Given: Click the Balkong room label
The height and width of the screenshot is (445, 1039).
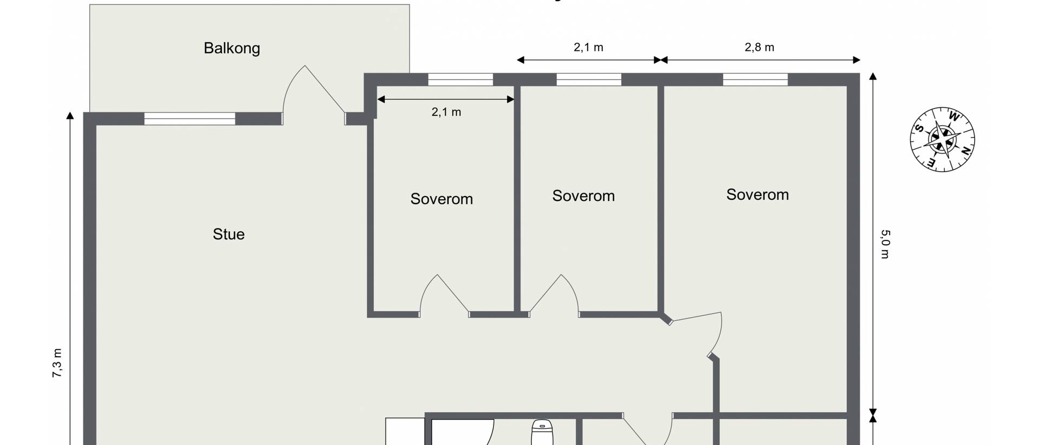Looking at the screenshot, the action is tap(232, 48).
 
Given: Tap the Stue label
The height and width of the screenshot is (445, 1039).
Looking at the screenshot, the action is tap(228, 234).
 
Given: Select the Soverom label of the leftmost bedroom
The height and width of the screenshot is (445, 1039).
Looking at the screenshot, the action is tap(442, 199).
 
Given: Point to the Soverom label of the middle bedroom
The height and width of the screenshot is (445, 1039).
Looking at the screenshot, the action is tap(583, 195).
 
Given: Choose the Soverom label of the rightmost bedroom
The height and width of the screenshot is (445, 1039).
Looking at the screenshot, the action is tap(757, 194).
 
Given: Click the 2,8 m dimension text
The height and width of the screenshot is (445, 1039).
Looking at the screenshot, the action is tap(759, 47).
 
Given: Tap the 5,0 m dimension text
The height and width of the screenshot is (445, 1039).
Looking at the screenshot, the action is tap(885, 244).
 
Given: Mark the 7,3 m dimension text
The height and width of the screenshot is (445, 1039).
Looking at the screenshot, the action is tap(57, 363).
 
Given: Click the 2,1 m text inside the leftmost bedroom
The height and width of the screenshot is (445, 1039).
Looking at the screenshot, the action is tap(446, 112).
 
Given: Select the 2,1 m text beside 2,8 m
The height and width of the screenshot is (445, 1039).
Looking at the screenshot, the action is tap(588, 47).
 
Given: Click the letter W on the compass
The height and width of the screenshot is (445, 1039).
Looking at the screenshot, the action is tap(954, 116).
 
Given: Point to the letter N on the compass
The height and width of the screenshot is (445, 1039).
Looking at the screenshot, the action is tap(965, 152).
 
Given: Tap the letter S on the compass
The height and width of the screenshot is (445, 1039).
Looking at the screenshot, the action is tap(919, 128).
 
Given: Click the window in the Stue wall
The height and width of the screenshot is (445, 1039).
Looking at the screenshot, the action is tap(190, 119).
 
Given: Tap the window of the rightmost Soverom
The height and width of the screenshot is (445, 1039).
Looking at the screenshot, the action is tap(755, 80).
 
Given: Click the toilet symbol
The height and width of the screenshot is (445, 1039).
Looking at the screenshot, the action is tap(541, 433).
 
